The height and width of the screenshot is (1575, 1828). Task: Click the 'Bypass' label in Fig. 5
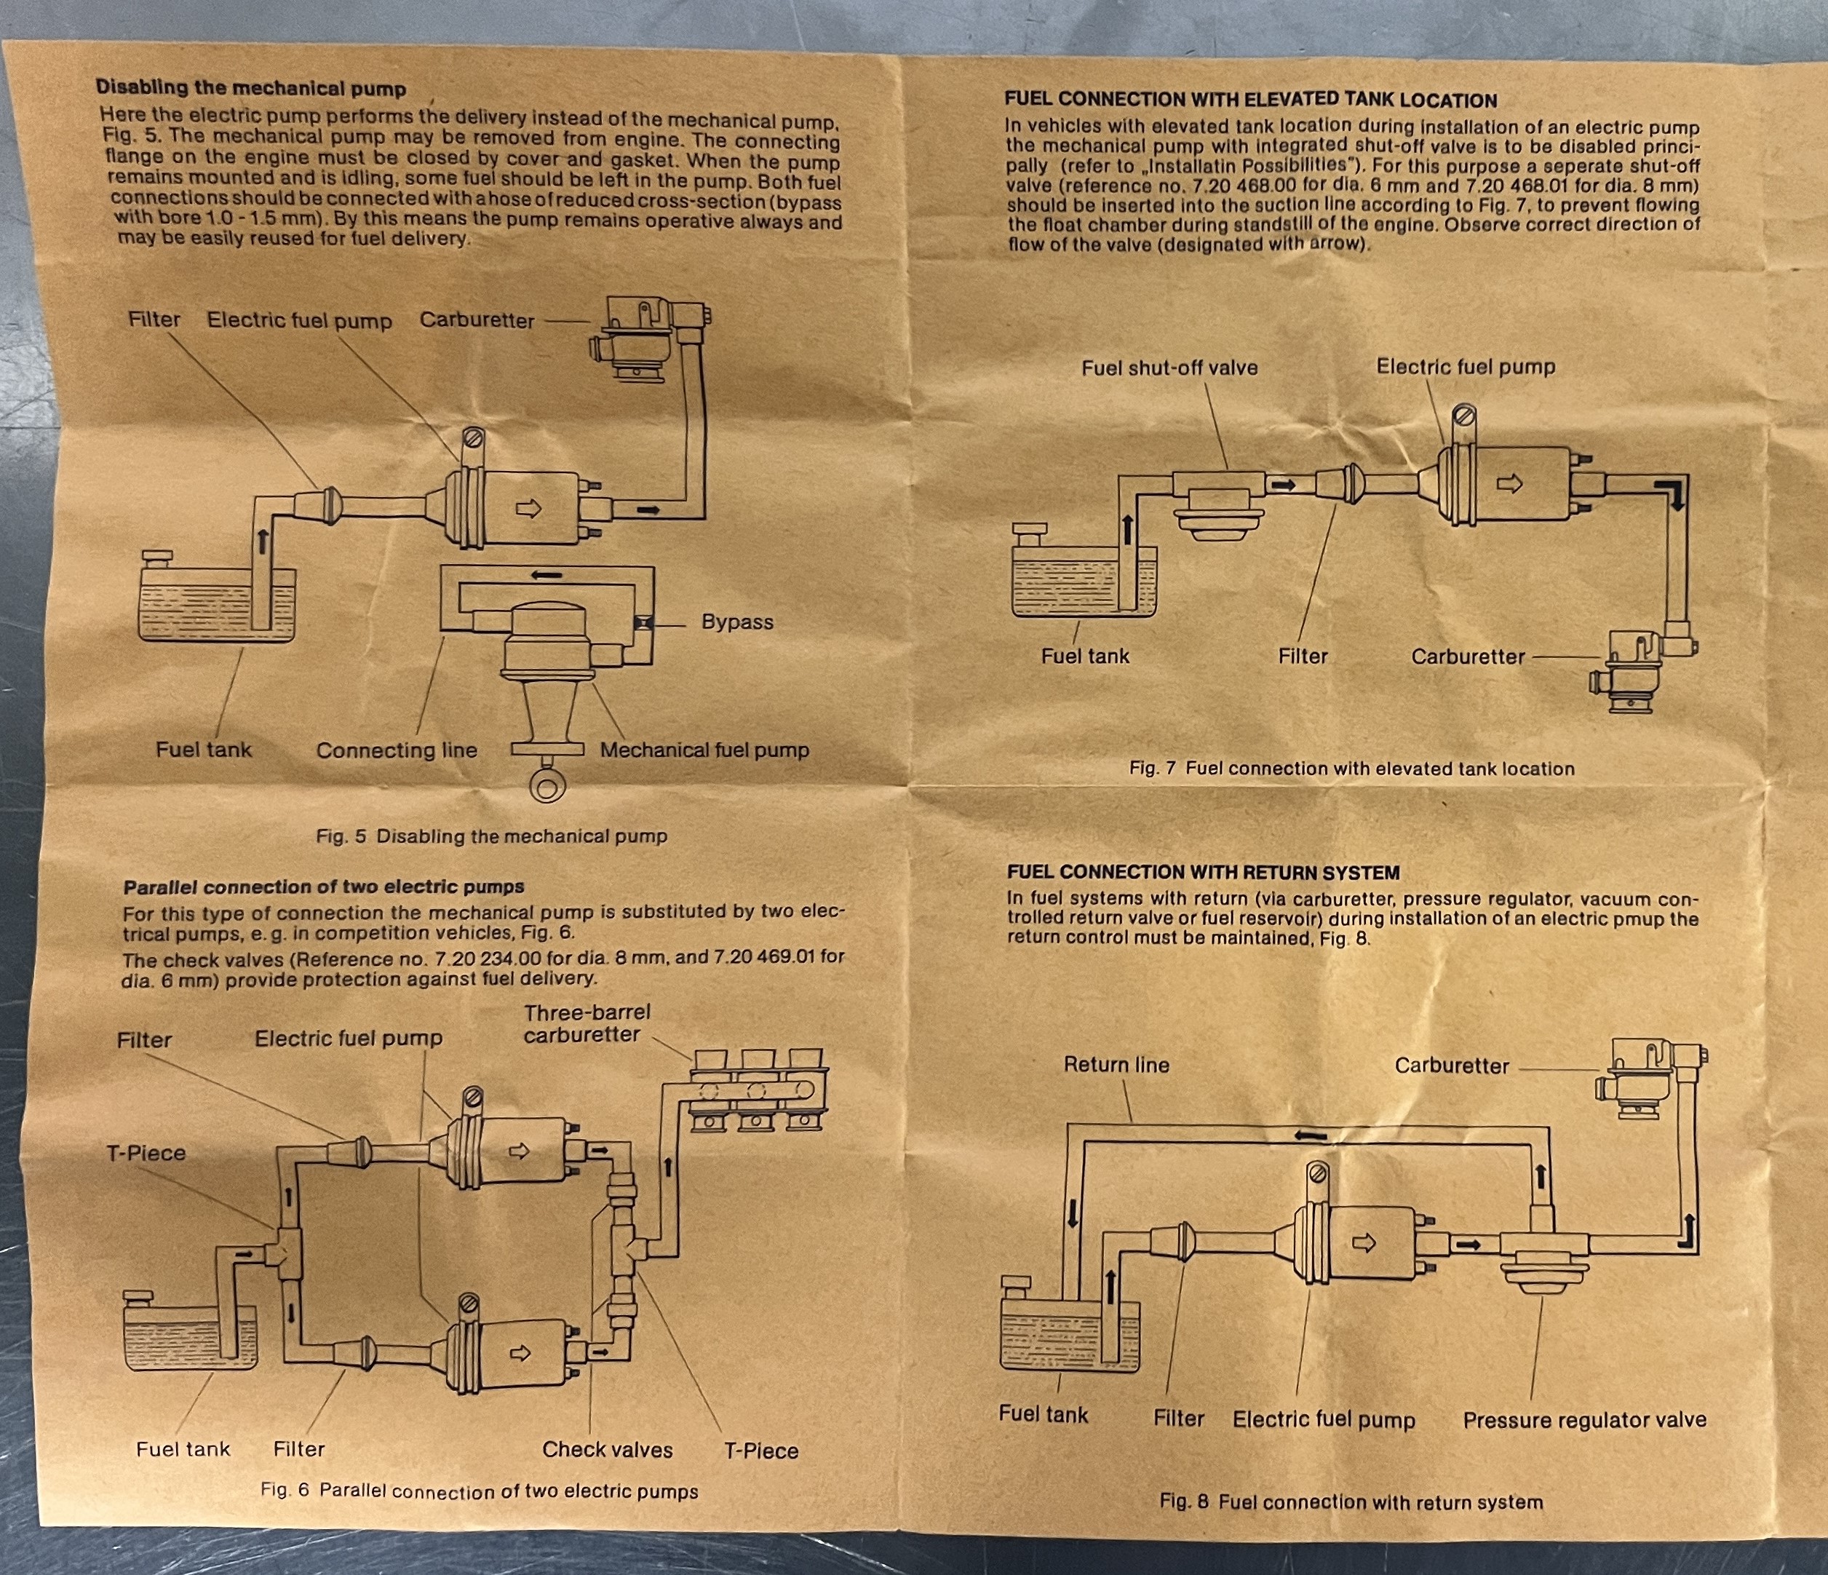[x=736, y=622]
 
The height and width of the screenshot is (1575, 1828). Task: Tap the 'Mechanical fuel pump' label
[x=704, y=750]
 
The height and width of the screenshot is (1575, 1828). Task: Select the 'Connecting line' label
[x=396, y=751]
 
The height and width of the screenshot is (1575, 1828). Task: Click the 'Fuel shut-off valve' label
[x=1169, y=368]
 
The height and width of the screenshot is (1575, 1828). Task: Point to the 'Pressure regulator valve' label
[x=1584, y=1421]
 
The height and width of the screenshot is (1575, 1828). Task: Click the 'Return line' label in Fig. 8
[x=1116, y=1065]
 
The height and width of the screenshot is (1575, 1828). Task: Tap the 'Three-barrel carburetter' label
[x=587, y=1023]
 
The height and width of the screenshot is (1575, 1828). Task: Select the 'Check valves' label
[x=607, y=1450]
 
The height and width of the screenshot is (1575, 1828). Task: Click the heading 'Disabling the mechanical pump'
[x=250, y=88]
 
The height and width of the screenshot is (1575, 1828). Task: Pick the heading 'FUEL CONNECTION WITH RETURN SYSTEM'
[x=1204, y=873]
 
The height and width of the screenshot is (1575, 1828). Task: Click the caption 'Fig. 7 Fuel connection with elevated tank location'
[x=1351, y=769]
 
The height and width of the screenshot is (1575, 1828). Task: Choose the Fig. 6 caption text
[x=479, y=1491]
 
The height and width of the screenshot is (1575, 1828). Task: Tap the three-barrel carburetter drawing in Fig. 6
[x=760, y=1090]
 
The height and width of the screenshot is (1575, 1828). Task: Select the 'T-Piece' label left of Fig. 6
[x=146, y=1154]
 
